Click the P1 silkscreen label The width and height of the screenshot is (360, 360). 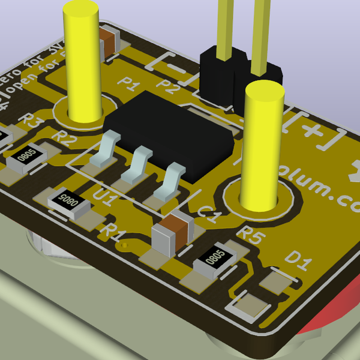[x=128, y=82]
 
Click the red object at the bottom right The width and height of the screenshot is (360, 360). [x=330, y=312]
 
